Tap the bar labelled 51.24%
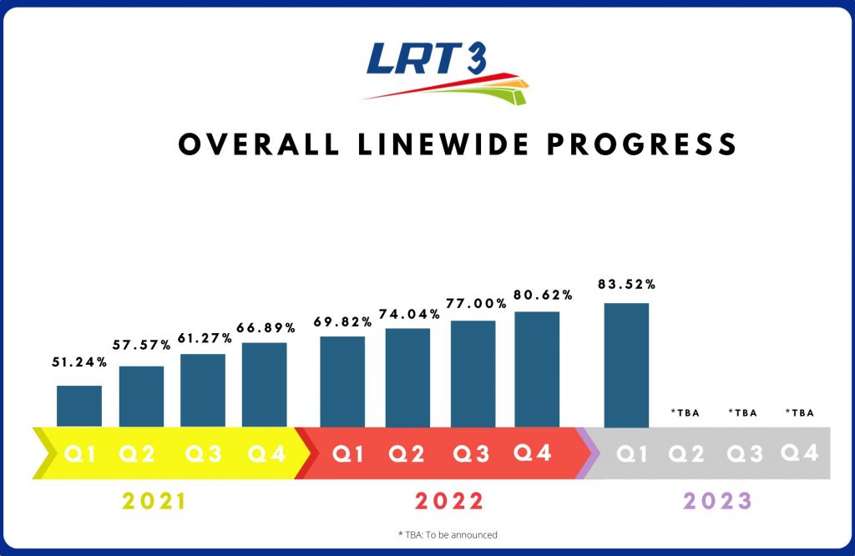coord(79,407)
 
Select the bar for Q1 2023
coord(626,365)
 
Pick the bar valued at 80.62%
coord(537,369)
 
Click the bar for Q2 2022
coord(407,377)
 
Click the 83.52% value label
coord(626,285)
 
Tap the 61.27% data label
coord(202,337)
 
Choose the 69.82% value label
coord(342,321)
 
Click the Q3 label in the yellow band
coord(204,454)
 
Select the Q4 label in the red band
coord(534,453)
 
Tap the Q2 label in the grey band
coord(687,454)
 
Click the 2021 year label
coord(154,502)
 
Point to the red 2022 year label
coord(448,502)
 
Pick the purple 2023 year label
coord(718,502)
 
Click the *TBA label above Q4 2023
coord(799,412)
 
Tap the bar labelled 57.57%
coord(141,397)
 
